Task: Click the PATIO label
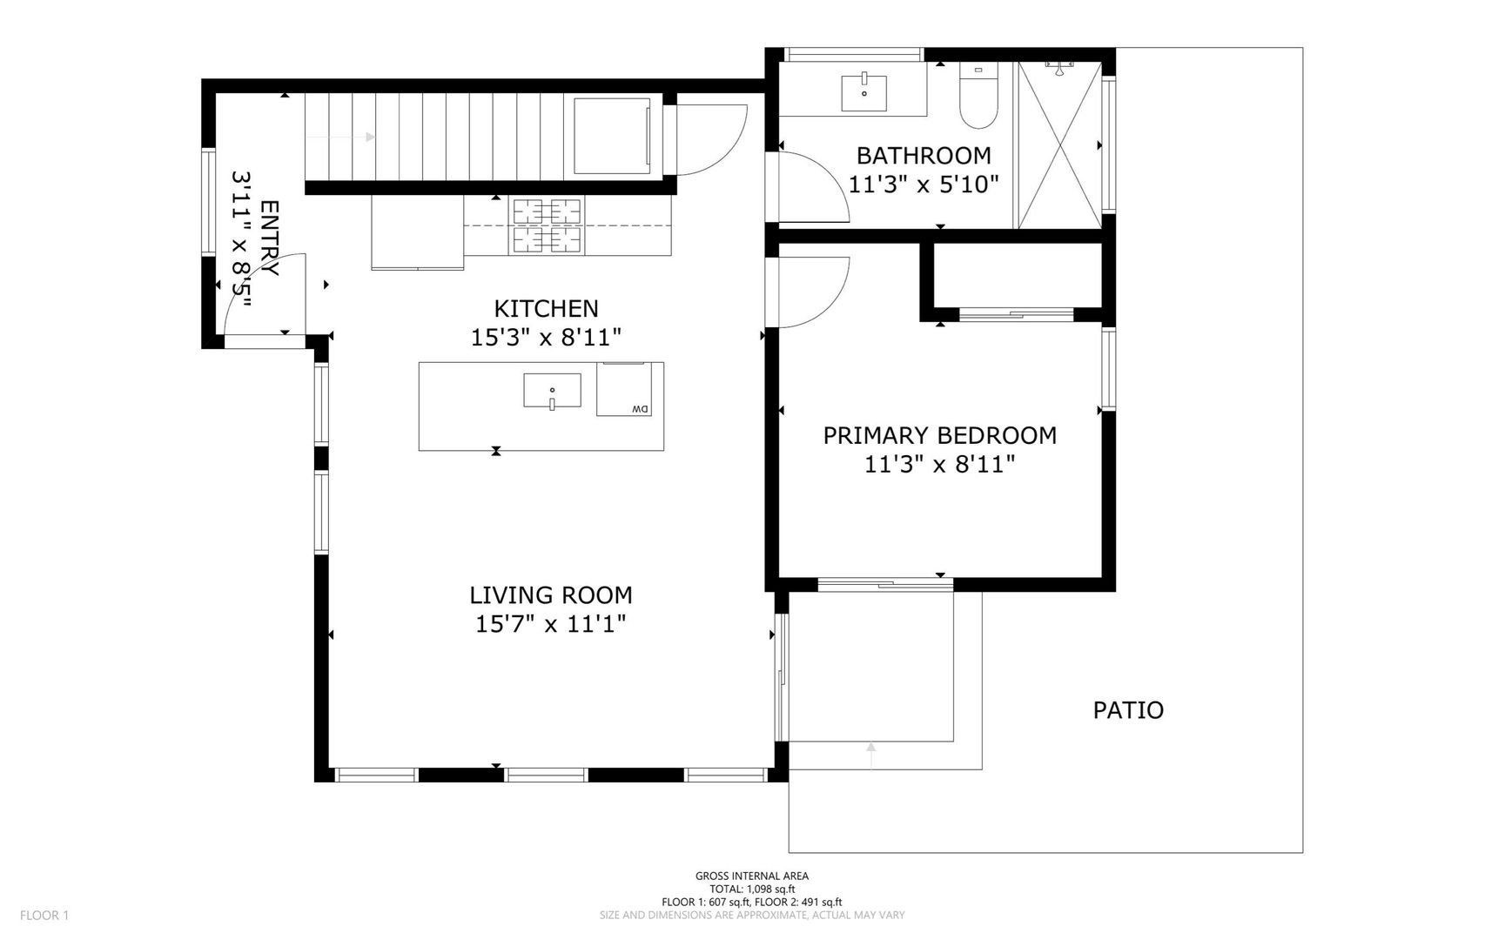pos(1128,710)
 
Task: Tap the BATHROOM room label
pos(924,156)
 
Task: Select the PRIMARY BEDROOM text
pos(940,435)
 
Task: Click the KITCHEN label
pos(547,308)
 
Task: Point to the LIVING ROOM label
pos(551,595)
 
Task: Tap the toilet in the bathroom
pos(978,95)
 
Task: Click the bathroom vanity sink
pos(864,93)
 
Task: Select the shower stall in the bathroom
pos(1059,145)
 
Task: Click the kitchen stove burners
pos(547,226)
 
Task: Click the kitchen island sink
pos(552,391)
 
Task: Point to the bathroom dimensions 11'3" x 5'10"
pos(924,185)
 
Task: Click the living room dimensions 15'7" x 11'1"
pos(551,624)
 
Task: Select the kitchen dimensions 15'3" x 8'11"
pos(547,337)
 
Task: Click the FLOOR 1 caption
pos(44,915)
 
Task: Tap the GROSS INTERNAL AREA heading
pos(752,876)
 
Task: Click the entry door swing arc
pos(261,292)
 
